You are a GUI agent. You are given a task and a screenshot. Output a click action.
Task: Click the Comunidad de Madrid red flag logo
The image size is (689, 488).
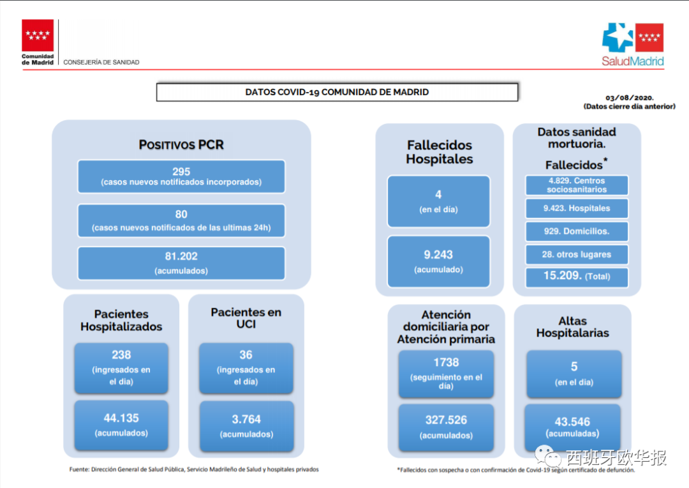38,35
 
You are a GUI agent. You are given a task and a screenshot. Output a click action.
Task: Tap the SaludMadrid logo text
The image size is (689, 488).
633,61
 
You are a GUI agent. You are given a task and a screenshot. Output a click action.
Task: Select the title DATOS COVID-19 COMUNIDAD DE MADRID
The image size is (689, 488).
337,92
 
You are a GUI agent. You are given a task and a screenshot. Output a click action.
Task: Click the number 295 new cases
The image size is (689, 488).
181,171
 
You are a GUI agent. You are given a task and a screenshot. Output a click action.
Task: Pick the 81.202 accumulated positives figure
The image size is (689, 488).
181,256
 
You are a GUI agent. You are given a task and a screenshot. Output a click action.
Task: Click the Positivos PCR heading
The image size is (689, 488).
181,145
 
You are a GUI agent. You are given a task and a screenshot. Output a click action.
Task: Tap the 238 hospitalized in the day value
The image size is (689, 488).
121,355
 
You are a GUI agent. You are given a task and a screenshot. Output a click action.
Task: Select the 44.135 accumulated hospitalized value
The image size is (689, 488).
121,418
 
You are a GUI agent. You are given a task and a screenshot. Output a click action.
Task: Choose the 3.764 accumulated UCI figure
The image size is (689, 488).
246,420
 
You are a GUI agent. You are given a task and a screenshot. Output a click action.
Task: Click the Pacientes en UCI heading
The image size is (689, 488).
246,318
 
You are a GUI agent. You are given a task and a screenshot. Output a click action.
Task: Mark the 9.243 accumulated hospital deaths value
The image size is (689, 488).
438,255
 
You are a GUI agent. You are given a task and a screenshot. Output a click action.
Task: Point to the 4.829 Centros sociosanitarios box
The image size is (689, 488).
577,185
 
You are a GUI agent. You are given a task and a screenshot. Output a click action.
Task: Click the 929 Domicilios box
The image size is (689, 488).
577,231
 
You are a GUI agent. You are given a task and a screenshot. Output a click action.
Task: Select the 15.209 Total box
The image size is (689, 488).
577,277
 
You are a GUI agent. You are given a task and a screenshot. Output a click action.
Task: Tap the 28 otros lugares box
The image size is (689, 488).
577,254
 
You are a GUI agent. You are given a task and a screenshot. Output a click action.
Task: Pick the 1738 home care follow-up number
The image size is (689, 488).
446,363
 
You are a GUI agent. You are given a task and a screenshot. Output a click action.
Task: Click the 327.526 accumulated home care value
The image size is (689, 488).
446,420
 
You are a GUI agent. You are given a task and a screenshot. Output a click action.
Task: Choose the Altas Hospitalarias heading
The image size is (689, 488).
572,327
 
